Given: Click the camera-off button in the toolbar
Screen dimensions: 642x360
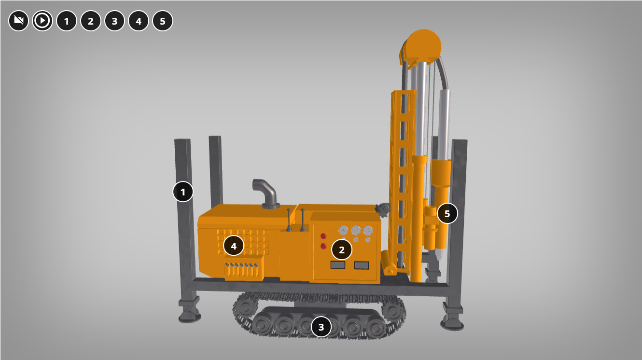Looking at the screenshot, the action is coord(19,21).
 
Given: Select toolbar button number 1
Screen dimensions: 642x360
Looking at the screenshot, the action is coord(67,21).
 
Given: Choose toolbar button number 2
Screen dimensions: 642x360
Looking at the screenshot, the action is coord(91,21).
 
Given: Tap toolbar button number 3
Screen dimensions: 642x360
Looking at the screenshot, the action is coord(115,21).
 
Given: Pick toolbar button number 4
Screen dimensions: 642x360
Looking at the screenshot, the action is coord(139,21).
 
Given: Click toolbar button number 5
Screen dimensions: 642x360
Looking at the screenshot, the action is coord(163,21).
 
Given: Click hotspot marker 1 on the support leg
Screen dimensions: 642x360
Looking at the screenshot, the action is coord(183,192).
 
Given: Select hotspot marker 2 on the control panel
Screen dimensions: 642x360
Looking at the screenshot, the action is coord(342,249).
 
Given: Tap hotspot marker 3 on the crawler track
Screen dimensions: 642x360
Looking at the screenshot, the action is coord(321,327).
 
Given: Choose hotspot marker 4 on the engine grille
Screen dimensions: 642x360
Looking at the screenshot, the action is coord(234,246).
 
